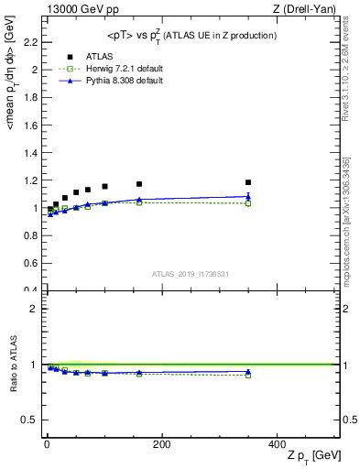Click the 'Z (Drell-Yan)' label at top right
click(309, 9)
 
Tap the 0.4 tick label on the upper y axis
click(34, 290)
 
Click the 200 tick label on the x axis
click(161, 444)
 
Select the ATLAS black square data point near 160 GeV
click(139, 184)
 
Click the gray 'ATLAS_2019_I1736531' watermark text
click(191, 274)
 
